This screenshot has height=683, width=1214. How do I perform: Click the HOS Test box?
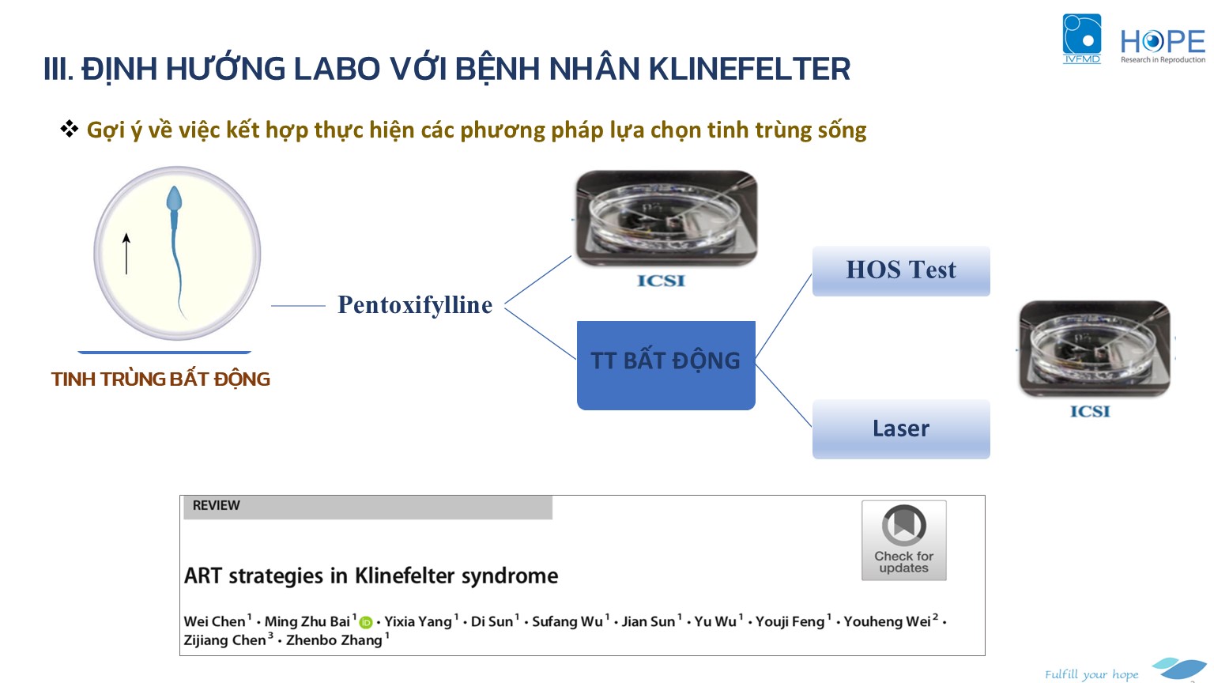pyautogui.click(x=901, y=270)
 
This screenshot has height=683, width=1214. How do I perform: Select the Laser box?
pyautogui.click(x=901, y=428)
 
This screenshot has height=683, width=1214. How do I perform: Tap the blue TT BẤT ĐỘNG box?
pyautogui.click(x=665, y=364)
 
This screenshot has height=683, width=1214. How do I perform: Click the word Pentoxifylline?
pyautogui.click(x=415, y=304)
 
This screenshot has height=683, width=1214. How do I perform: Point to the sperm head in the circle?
pyautogui.click(x=173, y=199)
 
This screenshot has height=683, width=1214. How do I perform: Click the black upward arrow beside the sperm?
pyautogui.click(x=126, y=254)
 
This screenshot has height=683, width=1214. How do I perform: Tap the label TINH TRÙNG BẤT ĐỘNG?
pyautogui.click(x=160, y=379)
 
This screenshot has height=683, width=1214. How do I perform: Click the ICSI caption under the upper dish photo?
pyautogui.click(x=661, y=281)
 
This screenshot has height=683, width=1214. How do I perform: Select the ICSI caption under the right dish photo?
pyautogui.click(x=1090, y=411)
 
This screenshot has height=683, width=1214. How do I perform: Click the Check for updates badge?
pyautogui.click(x=903, y=541)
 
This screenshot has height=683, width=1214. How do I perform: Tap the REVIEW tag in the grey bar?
pyautogui.click(x=216, y=505)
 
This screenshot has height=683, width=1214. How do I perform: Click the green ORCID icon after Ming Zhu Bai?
pyautogui.click(x=366, y=622)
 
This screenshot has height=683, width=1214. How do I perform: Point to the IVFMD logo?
pyautogui.click(x=1082, y=39)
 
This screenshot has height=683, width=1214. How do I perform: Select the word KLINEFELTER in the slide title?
pyautogui.click(x=749, y=69)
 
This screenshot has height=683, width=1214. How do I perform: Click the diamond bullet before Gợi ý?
pyautogui.click(x=69, y=129)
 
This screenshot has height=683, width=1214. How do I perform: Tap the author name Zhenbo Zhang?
pyautogui.click(x=334, y=640)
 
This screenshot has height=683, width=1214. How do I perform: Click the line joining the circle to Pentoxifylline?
pyautogui.click(x=298, y=306)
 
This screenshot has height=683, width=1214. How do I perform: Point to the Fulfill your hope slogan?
pyautogui.click(x=1091, y=674)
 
